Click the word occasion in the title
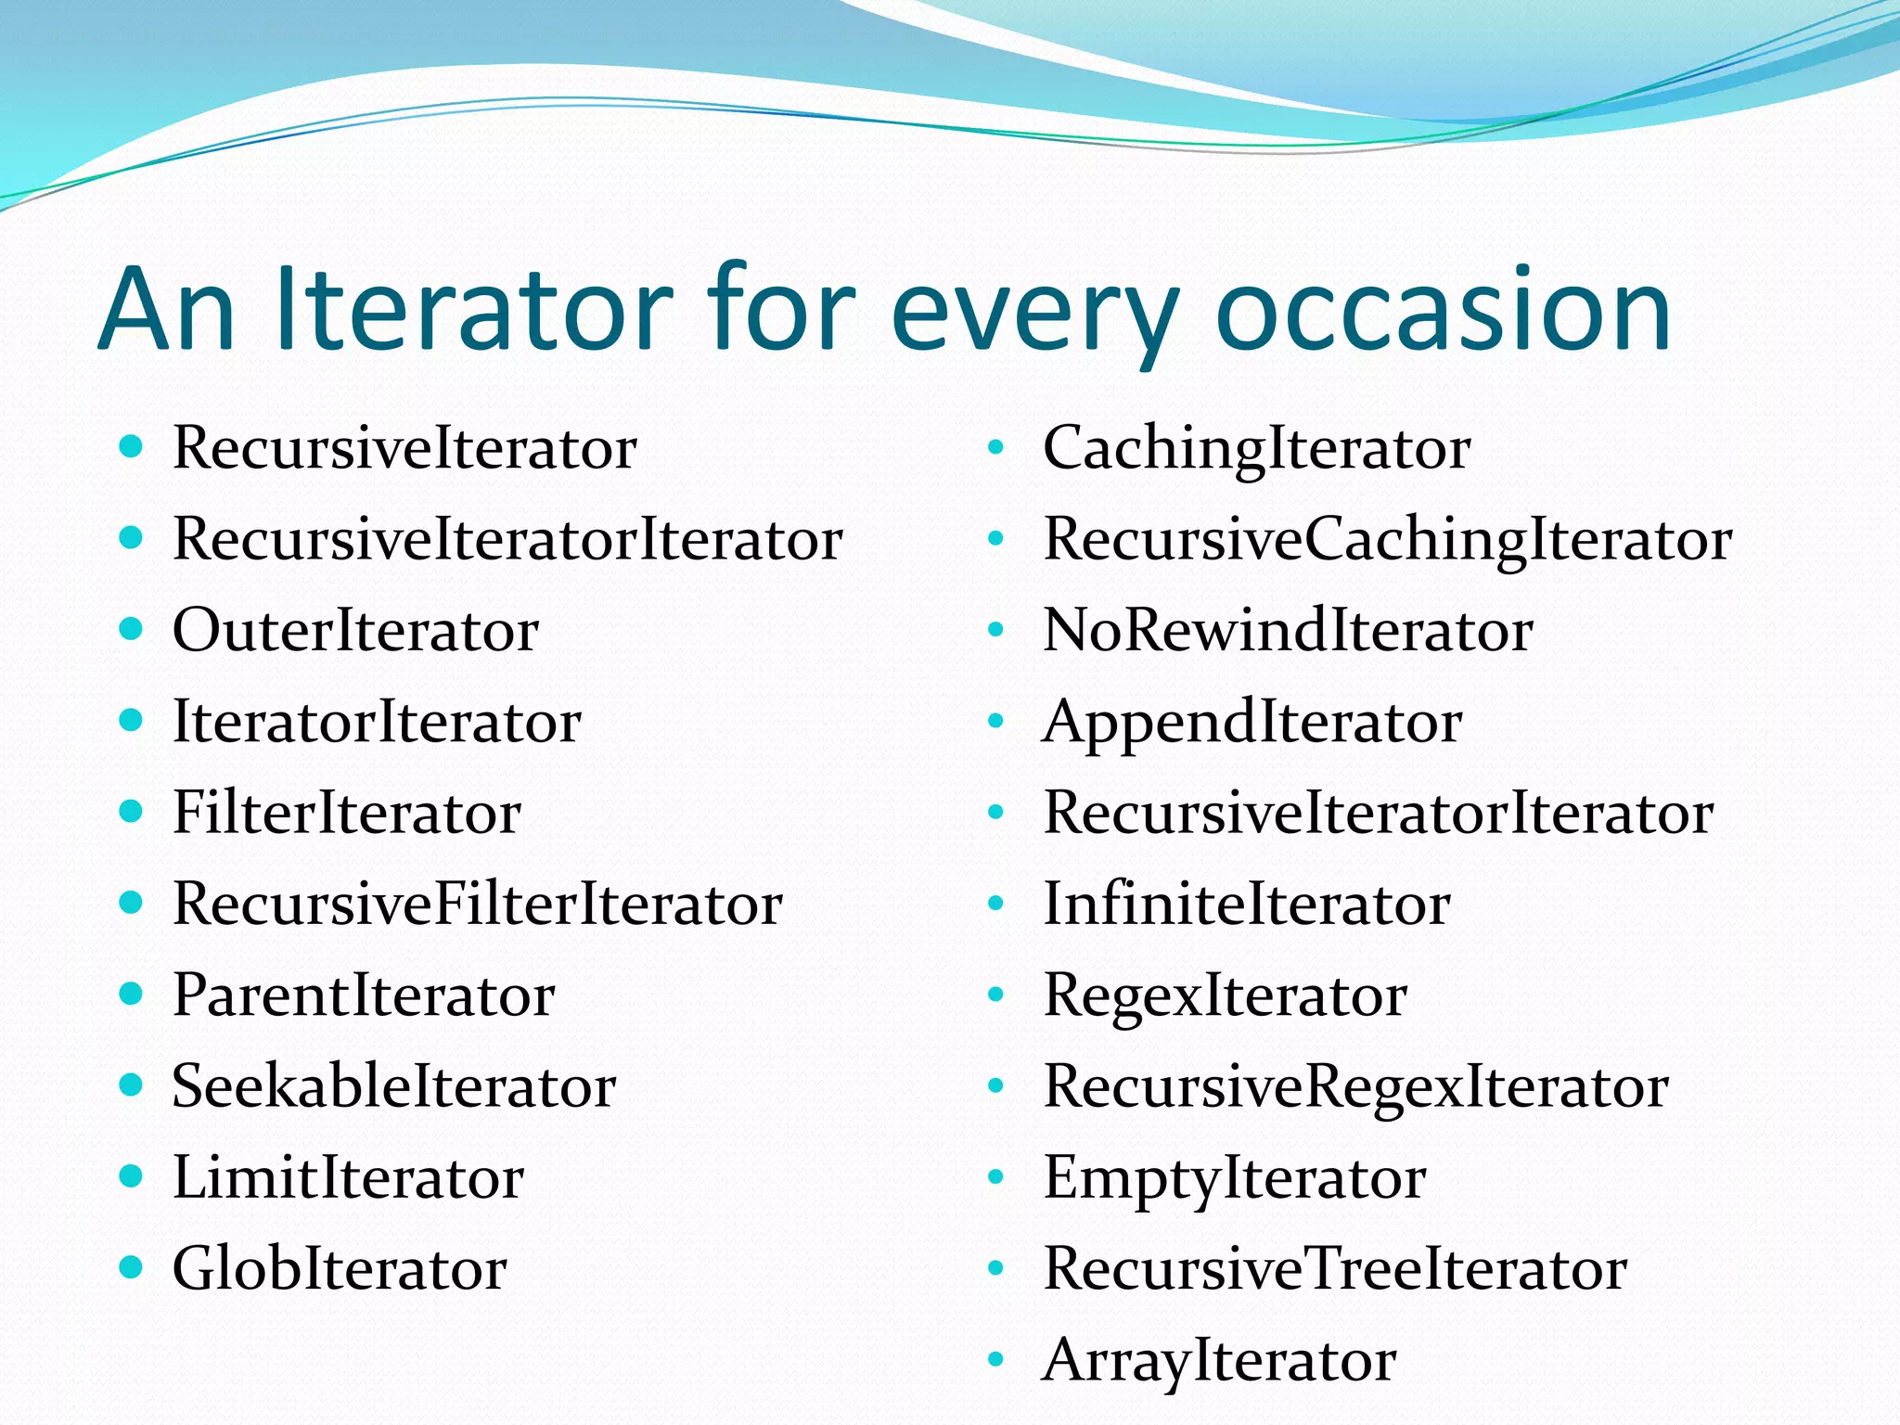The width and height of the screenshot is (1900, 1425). pos(1443,311)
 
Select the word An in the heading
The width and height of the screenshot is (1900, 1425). pos(167,311)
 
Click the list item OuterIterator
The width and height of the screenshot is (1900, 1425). pos(355,631)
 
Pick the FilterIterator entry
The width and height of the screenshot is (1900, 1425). pos(347,814)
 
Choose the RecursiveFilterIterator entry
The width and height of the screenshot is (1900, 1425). pos(478,905)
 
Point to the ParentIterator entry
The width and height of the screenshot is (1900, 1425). pos(364,995)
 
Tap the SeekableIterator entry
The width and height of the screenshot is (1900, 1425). pos(394,1086)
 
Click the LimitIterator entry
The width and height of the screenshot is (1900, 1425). pos(349,1178)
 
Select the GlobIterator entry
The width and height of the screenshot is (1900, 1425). pos(340,1269)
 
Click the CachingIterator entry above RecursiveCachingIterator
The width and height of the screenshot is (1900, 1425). pos(1256,449)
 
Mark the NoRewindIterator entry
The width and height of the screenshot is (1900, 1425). pos(1288,631)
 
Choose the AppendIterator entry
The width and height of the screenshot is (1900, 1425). pos(1252,723)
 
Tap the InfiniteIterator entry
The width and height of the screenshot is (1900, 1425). pos(1247,905)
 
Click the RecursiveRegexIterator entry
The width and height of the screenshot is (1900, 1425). pos(1355,1086)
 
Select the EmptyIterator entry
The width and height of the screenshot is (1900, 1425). pos(1234,1178)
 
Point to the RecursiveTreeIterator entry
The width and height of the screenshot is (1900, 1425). pos(1335,1269)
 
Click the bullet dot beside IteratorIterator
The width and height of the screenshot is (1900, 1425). pos(131,720)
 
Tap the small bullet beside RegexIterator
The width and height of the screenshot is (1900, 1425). pos(996,995)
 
